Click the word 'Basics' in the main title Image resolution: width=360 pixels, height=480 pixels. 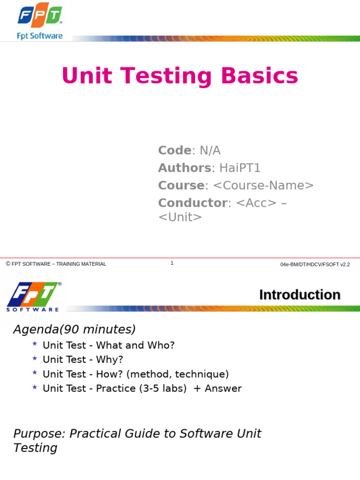(x=260, y=76)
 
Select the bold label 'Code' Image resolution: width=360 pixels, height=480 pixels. (x=174, y=150)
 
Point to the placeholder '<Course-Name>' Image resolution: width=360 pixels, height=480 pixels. (x=263, y=185)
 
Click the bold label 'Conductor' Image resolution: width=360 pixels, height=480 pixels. (x=192, y=203)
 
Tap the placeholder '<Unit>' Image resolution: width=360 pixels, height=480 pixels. (x=180, y=217)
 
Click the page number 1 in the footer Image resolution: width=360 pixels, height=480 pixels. (x=172, y=263)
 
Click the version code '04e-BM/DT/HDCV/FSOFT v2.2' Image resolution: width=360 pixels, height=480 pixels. (x=315, y=264)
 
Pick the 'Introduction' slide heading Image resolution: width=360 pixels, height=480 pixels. (x=300, y=295)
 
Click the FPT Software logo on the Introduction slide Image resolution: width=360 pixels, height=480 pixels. (x=33, y=297)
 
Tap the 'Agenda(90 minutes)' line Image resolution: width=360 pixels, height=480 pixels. (x=74, y=330)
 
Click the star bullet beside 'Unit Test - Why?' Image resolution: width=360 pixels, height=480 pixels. (x=35, y=359)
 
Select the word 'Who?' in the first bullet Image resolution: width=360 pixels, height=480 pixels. (x=162, y=345)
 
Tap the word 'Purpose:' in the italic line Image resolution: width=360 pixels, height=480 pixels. (x=39, y=434)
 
